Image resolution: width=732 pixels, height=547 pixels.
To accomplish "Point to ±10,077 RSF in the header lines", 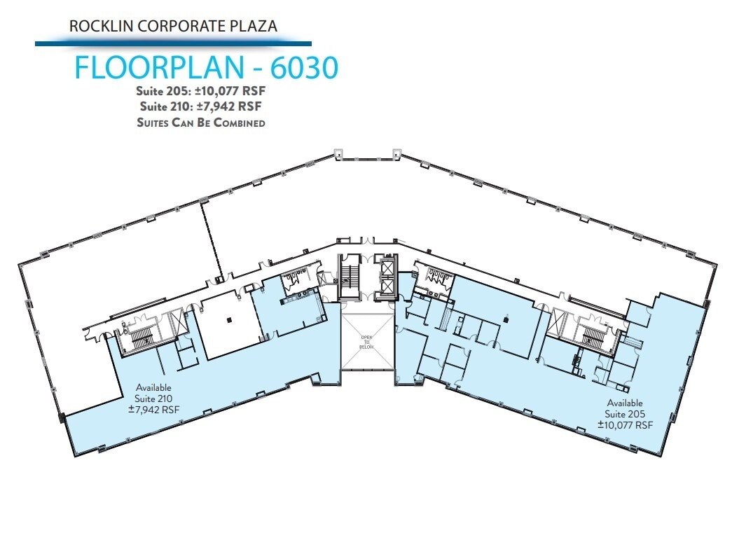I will click(228, 91).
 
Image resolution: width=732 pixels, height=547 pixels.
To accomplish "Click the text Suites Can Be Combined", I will click(202, 123).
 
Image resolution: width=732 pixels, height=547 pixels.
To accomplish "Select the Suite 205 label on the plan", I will click(625, 414).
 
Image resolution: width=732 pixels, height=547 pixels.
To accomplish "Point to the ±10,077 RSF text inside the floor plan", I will click(625, 424).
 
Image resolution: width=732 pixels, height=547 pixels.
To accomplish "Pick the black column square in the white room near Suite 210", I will click(229, 321).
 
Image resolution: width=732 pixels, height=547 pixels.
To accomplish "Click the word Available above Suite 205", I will click(625, 403).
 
